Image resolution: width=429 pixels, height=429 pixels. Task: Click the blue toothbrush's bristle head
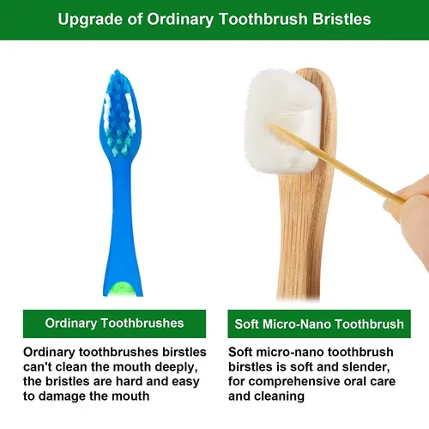[x=117, y=111]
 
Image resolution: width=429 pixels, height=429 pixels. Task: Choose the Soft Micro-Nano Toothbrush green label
[x=318, y=324]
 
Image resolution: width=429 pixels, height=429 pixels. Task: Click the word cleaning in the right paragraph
[x=280, y=396]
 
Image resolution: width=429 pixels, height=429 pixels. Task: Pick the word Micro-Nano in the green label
[x=303, y=324]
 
